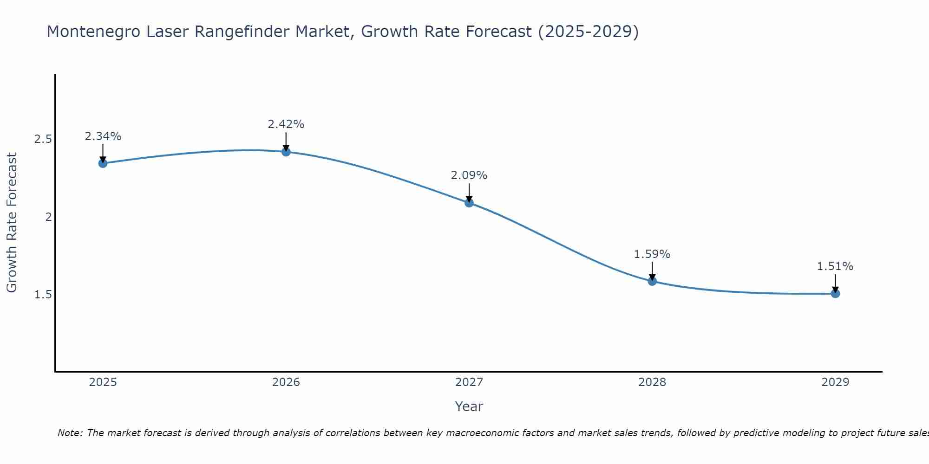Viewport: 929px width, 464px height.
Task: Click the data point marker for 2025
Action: [103, 163]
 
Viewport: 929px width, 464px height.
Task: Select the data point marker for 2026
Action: [286, 152]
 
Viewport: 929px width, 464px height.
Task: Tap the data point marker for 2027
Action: [469, 203]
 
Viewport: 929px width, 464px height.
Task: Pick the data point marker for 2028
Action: [652, 281]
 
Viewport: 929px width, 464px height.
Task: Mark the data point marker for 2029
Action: [835, 293]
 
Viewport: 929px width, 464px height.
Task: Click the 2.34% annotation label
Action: [103, 136]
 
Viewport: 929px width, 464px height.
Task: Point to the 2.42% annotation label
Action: [286, 124]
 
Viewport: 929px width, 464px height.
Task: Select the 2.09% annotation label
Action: [469, 175]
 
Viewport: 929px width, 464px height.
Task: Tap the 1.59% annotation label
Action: [652, 254]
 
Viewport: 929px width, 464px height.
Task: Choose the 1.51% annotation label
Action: [835, 266]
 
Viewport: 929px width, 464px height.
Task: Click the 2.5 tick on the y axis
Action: [43, 139]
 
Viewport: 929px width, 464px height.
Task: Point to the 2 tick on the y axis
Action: [48, 217]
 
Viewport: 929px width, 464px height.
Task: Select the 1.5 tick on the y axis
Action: [43, 295]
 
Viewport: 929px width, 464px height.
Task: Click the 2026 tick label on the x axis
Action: [286, 382]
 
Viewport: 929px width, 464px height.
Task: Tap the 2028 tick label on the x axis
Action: [652, 382]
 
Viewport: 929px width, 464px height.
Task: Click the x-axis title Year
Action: [469, 406]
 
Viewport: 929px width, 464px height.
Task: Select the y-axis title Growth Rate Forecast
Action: [12, 223]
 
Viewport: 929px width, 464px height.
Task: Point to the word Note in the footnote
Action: [69, 433]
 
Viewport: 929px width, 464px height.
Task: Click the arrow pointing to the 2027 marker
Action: [469, 192]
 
